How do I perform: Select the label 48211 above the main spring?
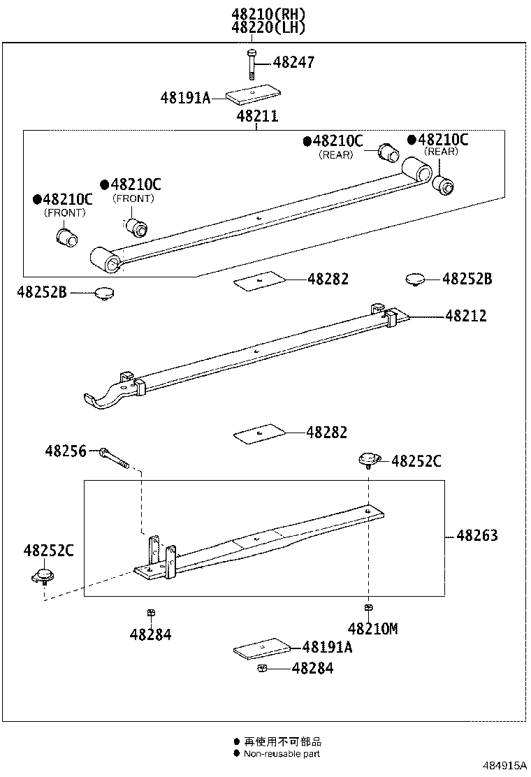(x=256, y=116)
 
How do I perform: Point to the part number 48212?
(x=465, y=317)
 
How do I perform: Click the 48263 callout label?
(x=477, y=536)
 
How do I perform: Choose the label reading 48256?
(x=66, y=451)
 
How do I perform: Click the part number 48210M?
(x=372, y=629)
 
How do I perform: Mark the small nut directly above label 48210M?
(x=368, y=608)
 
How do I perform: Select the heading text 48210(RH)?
(x=269, y=14)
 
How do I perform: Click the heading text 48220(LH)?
(x=269, y=28)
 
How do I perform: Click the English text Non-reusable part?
(x=282, y=753)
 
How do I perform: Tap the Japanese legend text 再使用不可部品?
(x=282, y=741)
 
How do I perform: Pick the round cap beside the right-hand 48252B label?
(x=416, y=279)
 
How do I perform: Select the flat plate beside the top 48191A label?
(x=254, y=96)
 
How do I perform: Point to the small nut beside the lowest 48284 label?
(x=261, y=669)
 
